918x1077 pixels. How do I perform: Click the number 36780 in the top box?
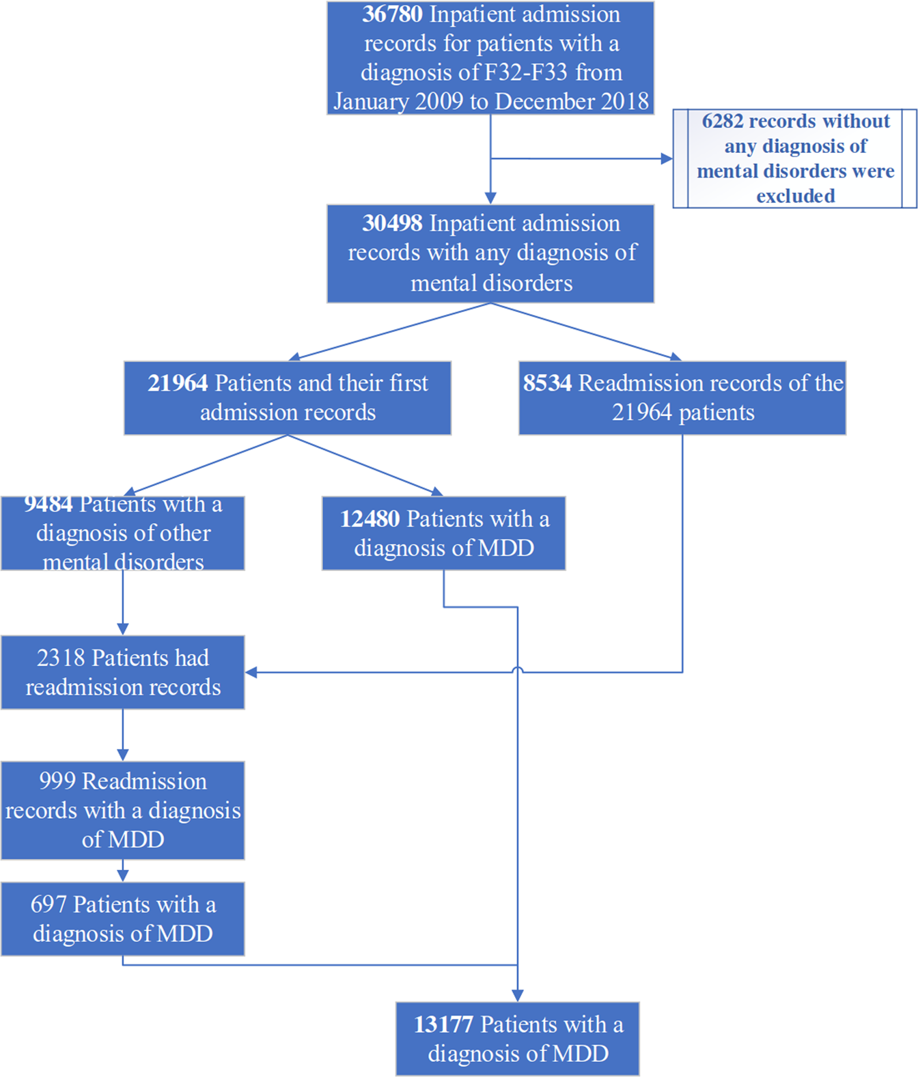[392, 14]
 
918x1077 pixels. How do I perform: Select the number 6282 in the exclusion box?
[722, 121]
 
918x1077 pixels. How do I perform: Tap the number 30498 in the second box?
[392, 223]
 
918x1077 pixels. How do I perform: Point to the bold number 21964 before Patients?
[178, 383]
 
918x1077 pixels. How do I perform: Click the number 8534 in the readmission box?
[547, 383]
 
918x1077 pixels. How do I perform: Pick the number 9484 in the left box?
[48, 504]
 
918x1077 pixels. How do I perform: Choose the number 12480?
[370, 519]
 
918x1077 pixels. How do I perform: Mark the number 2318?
[61, 658]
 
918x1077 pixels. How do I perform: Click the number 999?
[57, 781]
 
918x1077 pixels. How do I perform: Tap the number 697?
[48, 905]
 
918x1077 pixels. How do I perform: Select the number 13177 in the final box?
[443, 1024]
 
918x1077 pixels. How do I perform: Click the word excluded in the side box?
[795, 196]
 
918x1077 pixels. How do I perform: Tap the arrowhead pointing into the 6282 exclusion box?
[667, 158]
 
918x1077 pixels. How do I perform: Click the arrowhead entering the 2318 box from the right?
[251, 673]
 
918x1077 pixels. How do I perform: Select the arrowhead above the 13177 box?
[518, 996]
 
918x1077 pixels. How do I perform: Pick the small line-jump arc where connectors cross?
[518, 671]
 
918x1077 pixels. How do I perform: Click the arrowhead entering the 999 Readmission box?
[123, 755]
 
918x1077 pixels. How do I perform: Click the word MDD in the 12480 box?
[506, 548]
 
